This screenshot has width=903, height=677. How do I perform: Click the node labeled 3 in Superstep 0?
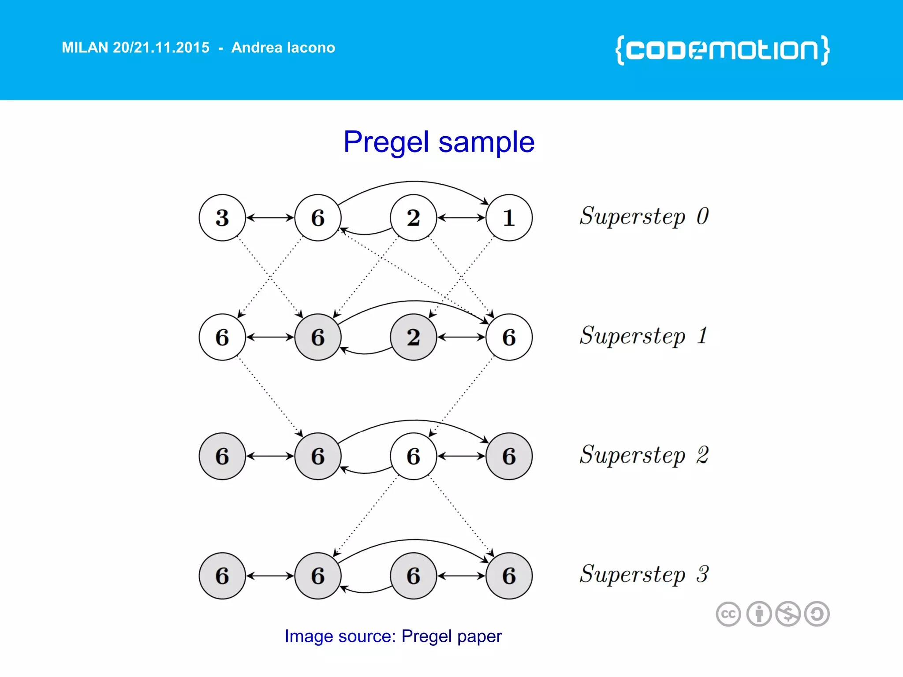pyautogui.click(x=222, y=218)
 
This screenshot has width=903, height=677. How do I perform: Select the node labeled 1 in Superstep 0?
pyautogui.click(x=509, y=218)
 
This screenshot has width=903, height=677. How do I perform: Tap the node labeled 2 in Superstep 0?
pyautogui.click(x=413, y=218)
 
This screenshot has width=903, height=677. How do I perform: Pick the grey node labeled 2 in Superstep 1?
pyautogui.click(x=413, y=337)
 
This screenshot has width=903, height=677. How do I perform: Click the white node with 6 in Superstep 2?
pyautogui.click(x=413, y=456)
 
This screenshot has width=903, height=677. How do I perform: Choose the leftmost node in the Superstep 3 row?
pyautogui.click(x=222, y=576)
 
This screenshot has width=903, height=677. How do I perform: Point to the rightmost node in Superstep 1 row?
pyautogui.click(x=509, y=337)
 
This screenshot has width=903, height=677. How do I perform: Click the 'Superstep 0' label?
pyautogui.click(x=644, y=216)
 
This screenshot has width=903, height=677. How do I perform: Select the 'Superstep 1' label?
pyautogui.click(x=644, y=336)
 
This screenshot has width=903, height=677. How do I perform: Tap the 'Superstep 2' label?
pyautogui.click(x=644, y=455)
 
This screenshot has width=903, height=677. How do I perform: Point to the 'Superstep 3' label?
pyautogui.click(x=644, y=574)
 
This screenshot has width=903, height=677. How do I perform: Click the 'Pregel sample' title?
pyautogui.click(x=439, y=142)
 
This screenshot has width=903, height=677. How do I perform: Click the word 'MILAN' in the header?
pyautogui.click(x=85, y=48)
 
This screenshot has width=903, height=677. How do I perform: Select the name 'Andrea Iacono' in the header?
pyautogui.click(x=283, y=48)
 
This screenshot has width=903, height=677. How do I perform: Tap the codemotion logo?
pyautogui.click(x=722, y=50)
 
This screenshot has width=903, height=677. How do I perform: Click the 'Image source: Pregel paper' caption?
pyautogui.click(x=393, y=636)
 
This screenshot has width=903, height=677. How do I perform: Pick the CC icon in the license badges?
pyautogui.click(x=728, y=614)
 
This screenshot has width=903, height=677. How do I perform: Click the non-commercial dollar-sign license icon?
pyautogui.click(x=788, y=614)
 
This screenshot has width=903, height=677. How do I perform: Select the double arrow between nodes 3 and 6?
pyautogui.click(x=270, y=218)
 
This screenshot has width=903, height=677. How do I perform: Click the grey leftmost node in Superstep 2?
pyautogui.click(x=222, y=456)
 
